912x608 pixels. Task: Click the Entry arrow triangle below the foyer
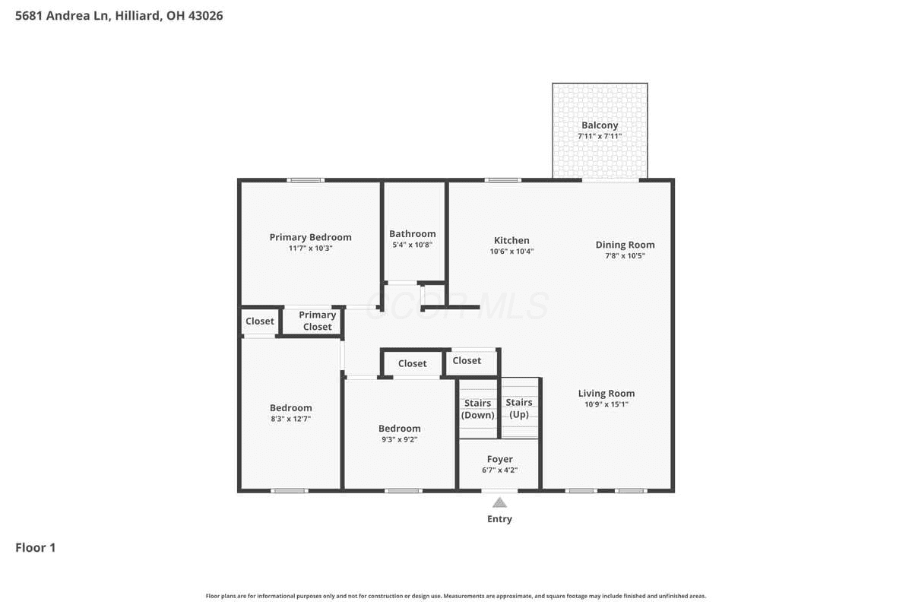point(499,503)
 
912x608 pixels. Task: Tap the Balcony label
point(600,125)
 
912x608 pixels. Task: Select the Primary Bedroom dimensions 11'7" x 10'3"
point(311,249)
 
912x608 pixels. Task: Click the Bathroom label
point(413,234)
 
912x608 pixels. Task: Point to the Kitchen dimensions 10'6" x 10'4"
point(511,252)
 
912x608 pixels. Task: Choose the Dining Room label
point(625,245)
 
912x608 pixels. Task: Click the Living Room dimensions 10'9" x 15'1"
point(606,404)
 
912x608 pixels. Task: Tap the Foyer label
point(500,459)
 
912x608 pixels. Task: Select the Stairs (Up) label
point(519,408)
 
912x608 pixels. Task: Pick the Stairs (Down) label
point(477,410)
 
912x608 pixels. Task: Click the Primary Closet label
point(317,321)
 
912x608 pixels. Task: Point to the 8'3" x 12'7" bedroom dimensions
point(290,419)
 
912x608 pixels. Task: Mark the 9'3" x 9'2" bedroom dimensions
point(400,440)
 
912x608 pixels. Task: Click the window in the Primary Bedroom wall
point(306,180)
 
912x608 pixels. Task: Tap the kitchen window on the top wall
point(503,180)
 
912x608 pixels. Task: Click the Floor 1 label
point(36,548)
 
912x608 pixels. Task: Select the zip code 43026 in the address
point(206,16)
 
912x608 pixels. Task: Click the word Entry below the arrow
point(499,519)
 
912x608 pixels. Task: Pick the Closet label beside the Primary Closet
point(260,321)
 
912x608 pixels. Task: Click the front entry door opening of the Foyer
point(499,491)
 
